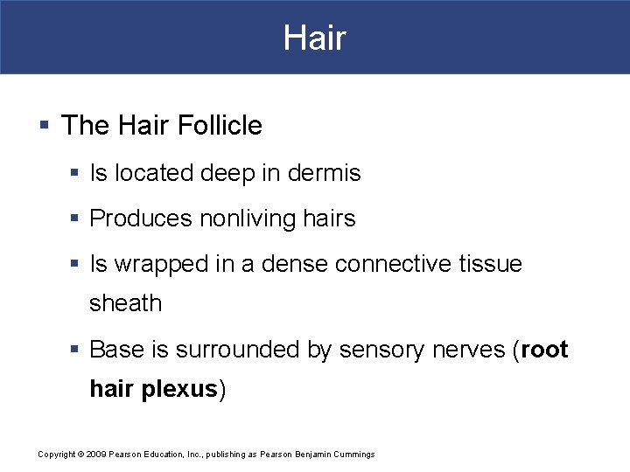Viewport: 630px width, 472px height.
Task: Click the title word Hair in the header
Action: coord(315,38)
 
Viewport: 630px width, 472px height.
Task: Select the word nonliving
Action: coord(242,219)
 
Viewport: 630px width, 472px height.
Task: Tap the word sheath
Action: coord(126,303)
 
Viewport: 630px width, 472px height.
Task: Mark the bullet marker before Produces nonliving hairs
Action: coord(77,219)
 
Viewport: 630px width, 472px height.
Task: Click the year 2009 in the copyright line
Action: coord(95,455)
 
